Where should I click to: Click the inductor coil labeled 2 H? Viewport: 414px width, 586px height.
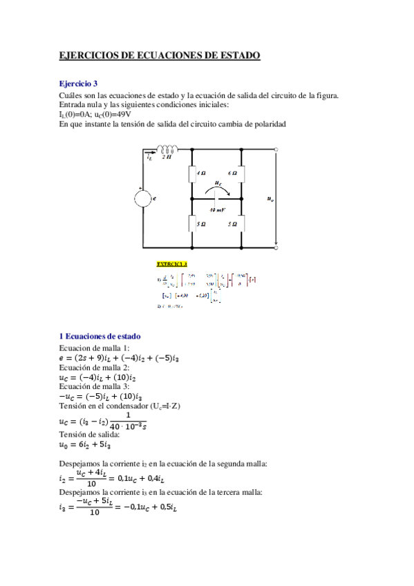click(167, 148)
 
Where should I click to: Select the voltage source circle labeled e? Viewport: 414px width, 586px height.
click(143, 198)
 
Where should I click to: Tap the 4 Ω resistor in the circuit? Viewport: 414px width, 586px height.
click(191, 173)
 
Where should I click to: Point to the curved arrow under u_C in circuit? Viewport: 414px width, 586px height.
click(216, 189)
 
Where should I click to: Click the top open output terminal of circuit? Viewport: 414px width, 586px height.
click(276, 149)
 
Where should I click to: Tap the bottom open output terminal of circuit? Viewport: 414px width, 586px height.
click(276, 246)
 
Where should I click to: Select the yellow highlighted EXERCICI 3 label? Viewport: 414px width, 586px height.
click(172, 264)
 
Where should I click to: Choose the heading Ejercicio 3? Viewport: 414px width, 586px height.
click(79, 82)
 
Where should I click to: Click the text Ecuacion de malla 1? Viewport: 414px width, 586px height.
click(90, 348)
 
